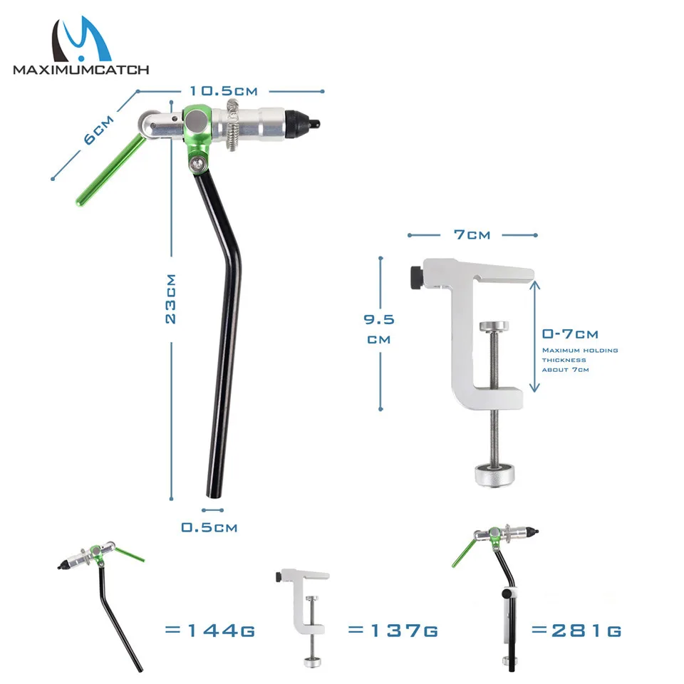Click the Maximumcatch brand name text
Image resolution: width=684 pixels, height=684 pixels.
[x=81, y=70]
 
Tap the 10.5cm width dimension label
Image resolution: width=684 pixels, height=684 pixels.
[x=223, y=90]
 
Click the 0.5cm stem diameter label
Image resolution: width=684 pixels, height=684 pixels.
[x=209, y=527]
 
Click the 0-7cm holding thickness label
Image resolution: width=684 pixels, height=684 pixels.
[x=570, y=333]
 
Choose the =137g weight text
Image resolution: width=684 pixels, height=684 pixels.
[x=393, y=630]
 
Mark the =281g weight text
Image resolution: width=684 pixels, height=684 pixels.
[x=576, y=630]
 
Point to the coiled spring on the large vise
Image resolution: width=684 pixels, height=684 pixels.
[x=234, y=125]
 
